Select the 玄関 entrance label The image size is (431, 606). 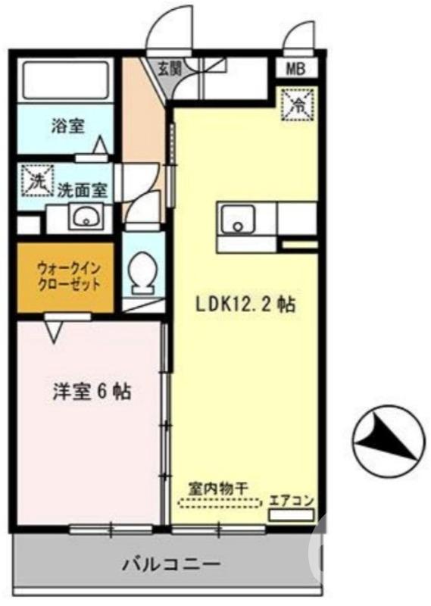[169, 67]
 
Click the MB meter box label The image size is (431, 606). [295, 70]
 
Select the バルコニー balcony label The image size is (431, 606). [172, 564]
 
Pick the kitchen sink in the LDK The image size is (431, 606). [238, 220]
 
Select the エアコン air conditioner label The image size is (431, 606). [291, 501]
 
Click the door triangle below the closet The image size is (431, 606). [53, 330]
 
